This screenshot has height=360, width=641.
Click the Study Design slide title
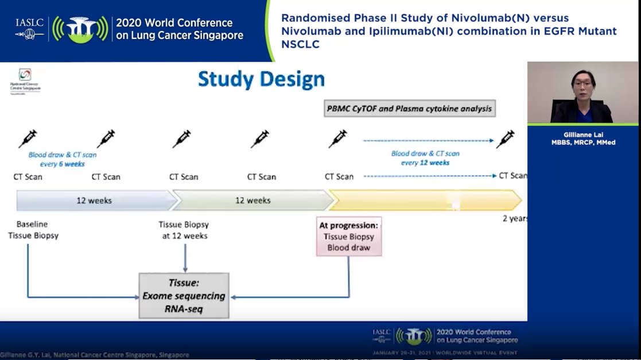click(261, 79)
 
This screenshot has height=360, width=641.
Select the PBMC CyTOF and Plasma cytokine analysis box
click(410, 108)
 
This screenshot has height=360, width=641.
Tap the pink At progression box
click(349, 236)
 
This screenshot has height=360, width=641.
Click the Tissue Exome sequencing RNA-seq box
click(184, 295)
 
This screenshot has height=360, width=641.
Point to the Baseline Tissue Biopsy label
click(33, 230)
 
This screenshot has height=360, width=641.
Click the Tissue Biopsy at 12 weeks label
click(183, 230)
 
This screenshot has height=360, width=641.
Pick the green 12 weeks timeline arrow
click(252, 200)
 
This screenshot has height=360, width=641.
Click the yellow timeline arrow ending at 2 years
click(425, 200)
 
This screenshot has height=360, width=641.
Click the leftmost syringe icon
click(28, 139)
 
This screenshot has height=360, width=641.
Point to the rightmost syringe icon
click(506, 139)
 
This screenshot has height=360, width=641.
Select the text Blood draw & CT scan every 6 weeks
click(62, 159)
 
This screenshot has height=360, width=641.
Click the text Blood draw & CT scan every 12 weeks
click(425, 158)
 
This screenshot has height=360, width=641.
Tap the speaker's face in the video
click(582, 87)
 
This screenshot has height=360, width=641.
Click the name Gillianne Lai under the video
click(582, 136)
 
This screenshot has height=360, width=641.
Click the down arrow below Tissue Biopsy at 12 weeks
click(185, 258)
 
